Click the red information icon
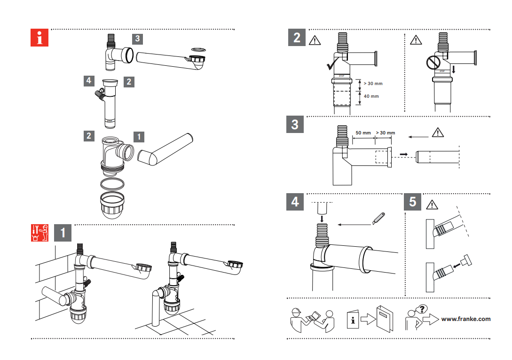tap(39, 38)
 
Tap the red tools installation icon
tap(39, 233)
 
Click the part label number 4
tap(88, 80)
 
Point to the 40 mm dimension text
tap(371, 96)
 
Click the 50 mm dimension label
tap(362, 133)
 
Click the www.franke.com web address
tap(465, 319)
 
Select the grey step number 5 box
tap(412, 202)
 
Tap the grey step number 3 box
tap(295, 125)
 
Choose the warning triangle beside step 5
tap(432, 205)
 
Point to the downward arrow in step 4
tap(321, 219)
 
